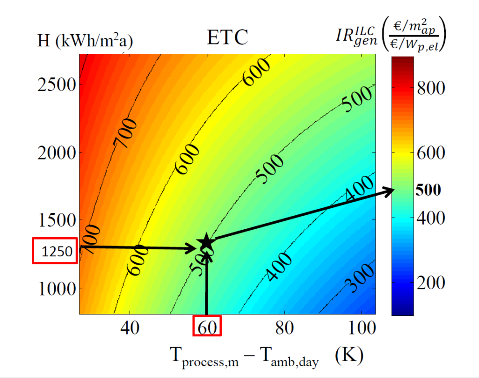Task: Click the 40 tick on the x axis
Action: tap(130, 328)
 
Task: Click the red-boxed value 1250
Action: tap(54, 251)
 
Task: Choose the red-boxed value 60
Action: tap(207, 327)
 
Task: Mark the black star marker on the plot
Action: tap(206, 242)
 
